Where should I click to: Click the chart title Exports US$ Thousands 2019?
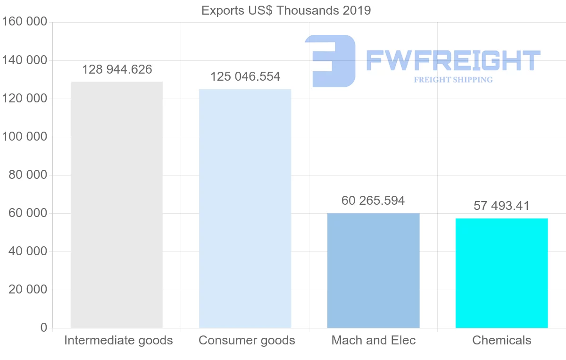tap(286, 10)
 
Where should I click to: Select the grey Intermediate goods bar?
tap(117, 205)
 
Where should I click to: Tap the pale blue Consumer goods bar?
tap(245, 209)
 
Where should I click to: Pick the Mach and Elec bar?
tap(373, 270)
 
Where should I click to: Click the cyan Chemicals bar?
tap(501, 273)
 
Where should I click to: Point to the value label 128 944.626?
tap(117, 70)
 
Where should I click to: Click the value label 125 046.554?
tap(245, 76)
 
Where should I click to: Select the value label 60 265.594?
tap(373, 201)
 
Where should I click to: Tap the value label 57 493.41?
tap(501, 206)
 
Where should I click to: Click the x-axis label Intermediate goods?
tap(118, 340)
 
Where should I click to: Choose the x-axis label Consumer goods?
tap(247, 340)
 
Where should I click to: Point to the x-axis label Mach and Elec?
tap(374, 340)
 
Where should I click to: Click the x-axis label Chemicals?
tap(501, 340)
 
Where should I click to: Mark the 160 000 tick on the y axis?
tap(25, 22)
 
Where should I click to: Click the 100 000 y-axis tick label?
tap(25, 137)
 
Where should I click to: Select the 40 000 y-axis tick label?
tap(28, 251)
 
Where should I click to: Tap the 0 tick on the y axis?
tap(43, 327)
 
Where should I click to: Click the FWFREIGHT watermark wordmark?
tap(453, 60)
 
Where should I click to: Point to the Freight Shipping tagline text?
tap(453, 80)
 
